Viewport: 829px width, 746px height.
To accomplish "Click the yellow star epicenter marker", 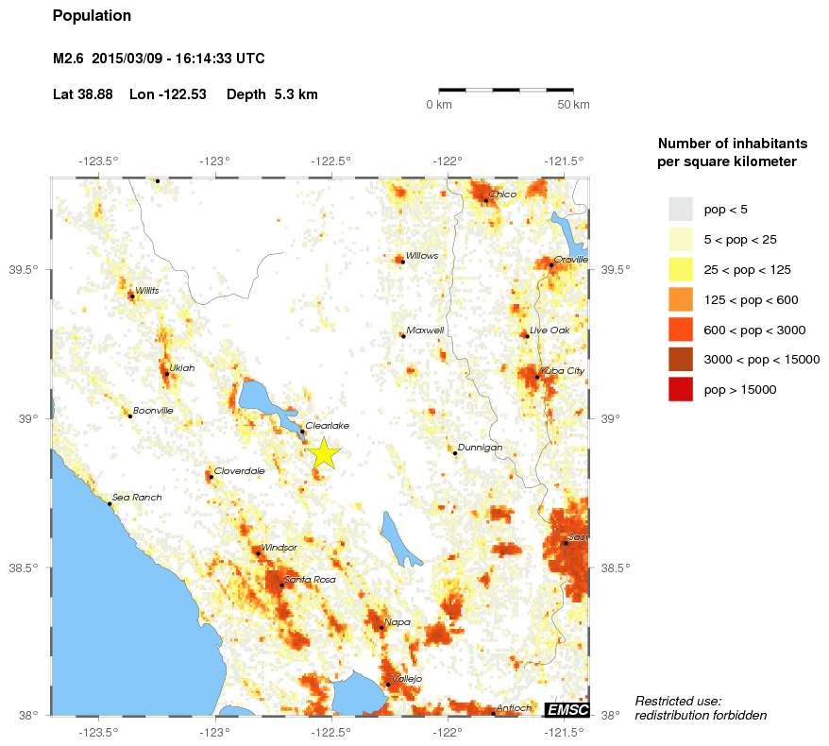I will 323,453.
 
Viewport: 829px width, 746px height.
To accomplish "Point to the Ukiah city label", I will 181,367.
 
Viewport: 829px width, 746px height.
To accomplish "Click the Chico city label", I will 502,195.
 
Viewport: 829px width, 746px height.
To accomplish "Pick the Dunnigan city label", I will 479,447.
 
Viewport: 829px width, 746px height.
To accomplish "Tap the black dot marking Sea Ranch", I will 110,504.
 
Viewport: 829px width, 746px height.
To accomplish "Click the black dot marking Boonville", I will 130,416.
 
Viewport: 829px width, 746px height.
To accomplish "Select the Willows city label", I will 421,255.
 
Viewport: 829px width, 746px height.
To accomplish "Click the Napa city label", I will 397,621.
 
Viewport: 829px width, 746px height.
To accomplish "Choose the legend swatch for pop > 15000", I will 680,389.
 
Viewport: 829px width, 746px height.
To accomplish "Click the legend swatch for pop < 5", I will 680,209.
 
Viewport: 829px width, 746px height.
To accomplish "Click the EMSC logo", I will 567,709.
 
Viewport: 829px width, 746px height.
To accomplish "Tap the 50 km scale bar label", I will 573,104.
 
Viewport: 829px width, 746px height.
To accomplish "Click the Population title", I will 92,16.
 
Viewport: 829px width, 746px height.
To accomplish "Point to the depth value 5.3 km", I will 296,94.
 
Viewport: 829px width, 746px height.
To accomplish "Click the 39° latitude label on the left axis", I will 28,419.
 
